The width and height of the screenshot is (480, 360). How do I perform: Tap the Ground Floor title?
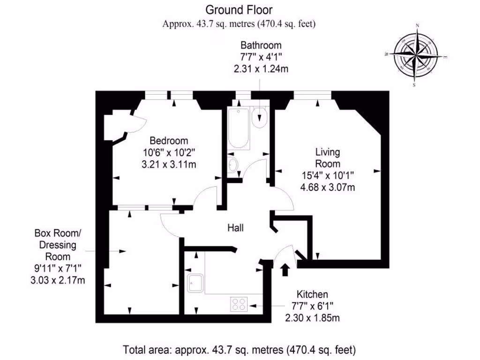(x=239, y=9)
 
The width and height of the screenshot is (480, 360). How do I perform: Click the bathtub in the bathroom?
(x=238, y=128)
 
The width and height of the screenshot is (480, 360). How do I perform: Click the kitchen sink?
(x=194, y=283)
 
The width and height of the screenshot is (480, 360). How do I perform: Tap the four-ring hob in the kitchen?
(x=239, y=304)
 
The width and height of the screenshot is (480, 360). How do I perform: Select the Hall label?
(x=235, y=228)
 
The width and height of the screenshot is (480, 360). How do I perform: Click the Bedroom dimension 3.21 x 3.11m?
(x=169, y=165)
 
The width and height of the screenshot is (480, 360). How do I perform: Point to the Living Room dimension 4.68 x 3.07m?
(x=327, y=187)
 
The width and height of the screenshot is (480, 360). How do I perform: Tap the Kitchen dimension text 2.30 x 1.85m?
(x=312, y=318)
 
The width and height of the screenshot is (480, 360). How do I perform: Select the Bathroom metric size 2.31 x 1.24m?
(x=261, y=69)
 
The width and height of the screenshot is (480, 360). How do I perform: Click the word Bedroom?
(x=169, y=141)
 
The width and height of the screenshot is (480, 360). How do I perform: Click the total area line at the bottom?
(x=240, y=350)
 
